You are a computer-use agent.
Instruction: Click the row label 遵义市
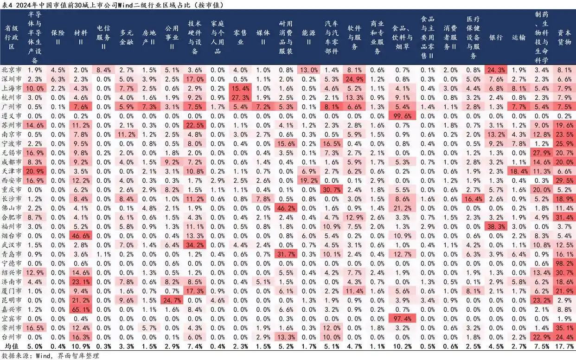pos(13,116)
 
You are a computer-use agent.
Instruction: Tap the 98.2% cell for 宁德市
pos(564,263)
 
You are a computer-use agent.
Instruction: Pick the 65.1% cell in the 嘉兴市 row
pos(81,309)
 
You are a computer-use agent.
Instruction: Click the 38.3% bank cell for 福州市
pos(495,226)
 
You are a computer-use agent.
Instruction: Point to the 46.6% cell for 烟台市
pos(81,236)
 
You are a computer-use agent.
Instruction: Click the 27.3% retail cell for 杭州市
pos(240,97)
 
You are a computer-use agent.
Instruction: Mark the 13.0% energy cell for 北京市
pos(309,70)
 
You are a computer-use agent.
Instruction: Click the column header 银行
pos(495,38)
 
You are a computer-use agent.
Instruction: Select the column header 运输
pos(519,38)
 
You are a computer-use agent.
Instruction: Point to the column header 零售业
pos(240,38)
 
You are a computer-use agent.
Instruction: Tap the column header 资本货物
pos(564,38)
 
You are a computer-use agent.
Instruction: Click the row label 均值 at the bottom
pos(13,346)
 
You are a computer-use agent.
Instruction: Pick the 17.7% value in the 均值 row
pos(564,346)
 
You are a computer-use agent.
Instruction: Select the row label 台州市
pos(13,337)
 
